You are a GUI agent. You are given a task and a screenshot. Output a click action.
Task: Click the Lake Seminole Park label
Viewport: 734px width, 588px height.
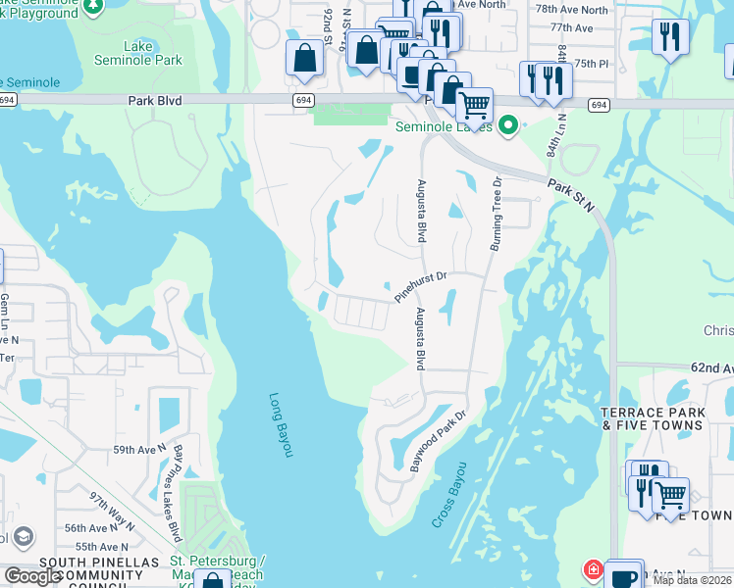point(151,53)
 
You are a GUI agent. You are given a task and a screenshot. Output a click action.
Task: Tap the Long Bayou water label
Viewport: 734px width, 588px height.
point(281,423)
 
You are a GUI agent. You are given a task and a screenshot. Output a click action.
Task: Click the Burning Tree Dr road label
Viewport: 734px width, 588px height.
point(495,214)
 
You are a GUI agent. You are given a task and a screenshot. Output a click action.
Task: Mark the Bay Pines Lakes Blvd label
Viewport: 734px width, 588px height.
point(178,493)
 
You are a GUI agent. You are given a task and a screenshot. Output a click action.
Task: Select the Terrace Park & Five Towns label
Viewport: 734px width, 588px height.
point(653,417)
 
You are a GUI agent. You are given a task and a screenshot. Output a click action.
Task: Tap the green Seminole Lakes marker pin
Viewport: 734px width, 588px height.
point(507,125)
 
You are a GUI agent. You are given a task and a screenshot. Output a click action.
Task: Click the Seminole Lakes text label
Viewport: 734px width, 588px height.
point(443,126)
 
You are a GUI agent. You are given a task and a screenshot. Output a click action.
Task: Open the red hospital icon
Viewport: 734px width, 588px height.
point(594,569)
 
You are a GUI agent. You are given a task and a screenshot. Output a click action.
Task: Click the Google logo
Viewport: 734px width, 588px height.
point(33,576)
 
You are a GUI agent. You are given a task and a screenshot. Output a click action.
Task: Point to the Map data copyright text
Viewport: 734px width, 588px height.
point(692,580)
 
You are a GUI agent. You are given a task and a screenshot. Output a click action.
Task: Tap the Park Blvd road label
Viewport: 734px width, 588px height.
point(156,100)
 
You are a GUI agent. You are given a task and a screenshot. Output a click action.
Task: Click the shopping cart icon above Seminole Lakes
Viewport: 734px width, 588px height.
point(474,103)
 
